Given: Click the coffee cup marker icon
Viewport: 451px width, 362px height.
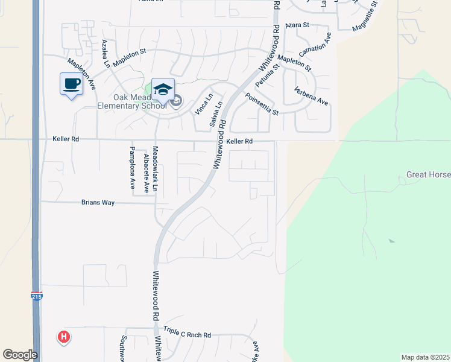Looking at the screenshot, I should tap(71, 83).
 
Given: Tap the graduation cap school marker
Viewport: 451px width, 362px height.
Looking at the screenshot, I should tap(163, 89).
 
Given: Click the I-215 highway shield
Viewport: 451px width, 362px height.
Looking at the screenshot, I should tap(36, 296).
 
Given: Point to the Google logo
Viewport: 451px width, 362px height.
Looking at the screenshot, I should tap(20, 355).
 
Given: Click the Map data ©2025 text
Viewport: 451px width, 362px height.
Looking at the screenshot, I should tap(425, 357).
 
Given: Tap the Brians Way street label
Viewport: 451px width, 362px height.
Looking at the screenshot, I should tap(98, 203).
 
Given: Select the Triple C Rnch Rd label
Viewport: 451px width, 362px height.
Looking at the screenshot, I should tap(188, 335).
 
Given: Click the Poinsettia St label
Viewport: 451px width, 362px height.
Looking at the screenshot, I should tap(261, 104).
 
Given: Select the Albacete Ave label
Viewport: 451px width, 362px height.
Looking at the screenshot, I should tap(147, 173).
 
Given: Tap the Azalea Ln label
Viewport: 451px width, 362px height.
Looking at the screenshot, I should tap(106, 53).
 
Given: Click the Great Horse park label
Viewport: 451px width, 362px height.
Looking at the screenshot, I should tap(428, 175).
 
